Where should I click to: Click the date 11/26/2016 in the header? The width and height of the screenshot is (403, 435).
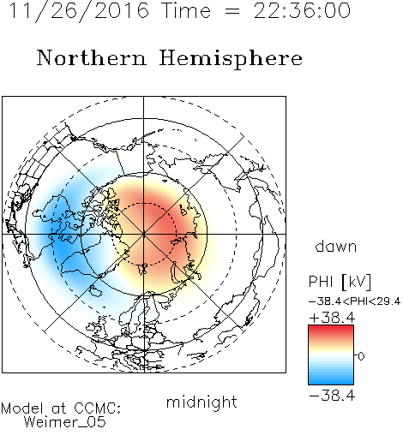pos(79,11)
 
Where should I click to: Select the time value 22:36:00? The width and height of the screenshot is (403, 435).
pos(302,11)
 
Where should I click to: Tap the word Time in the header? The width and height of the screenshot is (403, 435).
pos(186,11)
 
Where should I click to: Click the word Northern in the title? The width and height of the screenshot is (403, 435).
pos(92,58)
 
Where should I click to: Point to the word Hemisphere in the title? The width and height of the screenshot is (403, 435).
pos(231,59)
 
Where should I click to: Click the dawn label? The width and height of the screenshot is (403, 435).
pos(335,246)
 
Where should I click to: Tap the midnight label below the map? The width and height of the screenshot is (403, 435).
pos(201,402)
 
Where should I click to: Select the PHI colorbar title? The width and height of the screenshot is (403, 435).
pos(321,282)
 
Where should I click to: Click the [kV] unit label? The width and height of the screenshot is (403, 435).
pos(356,282)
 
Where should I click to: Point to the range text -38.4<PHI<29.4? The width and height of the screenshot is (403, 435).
pos(354,301)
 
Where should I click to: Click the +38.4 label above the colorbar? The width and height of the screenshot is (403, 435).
pos(332,318)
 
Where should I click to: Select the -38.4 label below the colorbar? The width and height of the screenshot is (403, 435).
pos(332,396)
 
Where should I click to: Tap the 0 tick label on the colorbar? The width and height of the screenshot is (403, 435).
pos(361,356)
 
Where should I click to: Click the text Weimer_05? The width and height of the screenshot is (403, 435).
pos(64,422)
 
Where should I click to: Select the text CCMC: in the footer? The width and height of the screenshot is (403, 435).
pos(97,408)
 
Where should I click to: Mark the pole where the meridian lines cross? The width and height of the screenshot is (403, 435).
pos(144,234)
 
